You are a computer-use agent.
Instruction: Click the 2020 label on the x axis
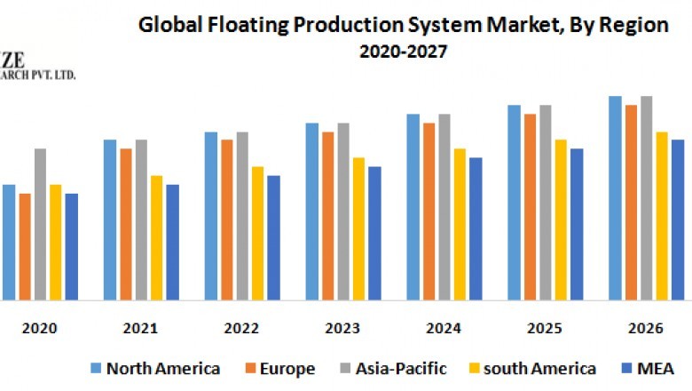pos(40,328)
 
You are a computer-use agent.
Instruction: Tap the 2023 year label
pos(343,328)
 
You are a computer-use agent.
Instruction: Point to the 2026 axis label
pos(647,328)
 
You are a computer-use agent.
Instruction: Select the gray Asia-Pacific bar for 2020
pos(41,224)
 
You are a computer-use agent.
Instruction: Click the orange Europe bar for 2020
pos(25,246)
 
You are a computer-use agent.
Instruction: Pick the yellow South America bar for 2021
pos(156,237)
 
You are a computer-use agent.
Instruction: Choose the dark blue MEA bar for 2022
pos(273,237)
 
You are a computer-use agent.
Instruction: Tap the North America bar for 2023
pos(311,211)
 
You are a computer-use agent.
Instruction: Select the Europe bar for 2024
pos(429,211)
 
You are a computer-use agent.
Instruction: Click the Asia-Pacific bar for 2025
pos(546,203)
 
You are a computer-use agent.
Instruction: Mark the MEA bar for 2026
pos(678,219)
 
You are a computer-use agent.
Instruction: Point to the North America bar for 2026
pos(615,198)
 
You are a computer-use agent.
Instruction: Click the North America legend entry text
pos(163,368)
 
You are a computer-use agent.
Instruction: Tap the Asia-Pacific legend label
pos(404,368)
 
